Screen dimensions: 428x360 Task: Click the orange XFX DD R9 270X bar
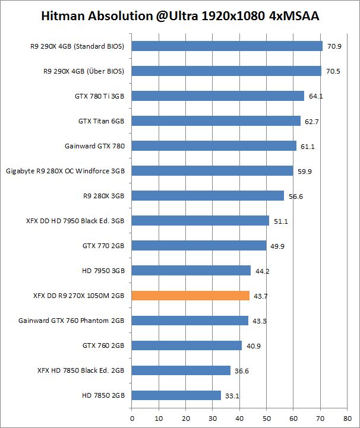(190, 296)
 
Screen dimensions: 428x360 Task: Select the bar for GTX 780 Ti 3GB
(217, 96)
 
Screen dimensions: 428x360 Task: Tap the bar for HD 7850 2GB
(176, 395)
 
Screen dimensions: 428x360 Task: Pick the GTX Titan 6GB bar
(216, 121)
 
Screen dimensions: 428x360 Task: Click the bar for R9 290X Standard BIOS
(226, 46)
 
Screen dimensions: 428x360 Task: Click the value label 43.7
(261, 296)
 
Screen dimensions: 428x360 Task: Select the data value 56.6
(295, 196)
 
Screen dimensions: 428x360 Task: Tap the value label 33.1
(232, 395)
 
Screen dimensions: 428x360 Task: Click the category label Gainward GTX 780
(95, 146)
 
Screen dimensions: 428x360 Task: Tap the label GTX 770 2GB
(103, 246)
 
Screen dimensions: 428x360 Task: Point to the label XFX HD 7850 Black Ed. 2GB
(81, 370)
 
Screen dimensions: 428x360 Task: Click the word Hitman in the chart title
(62, 16)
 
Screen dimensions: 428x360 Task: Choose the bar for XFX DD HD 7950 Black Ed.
(200, 221)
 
